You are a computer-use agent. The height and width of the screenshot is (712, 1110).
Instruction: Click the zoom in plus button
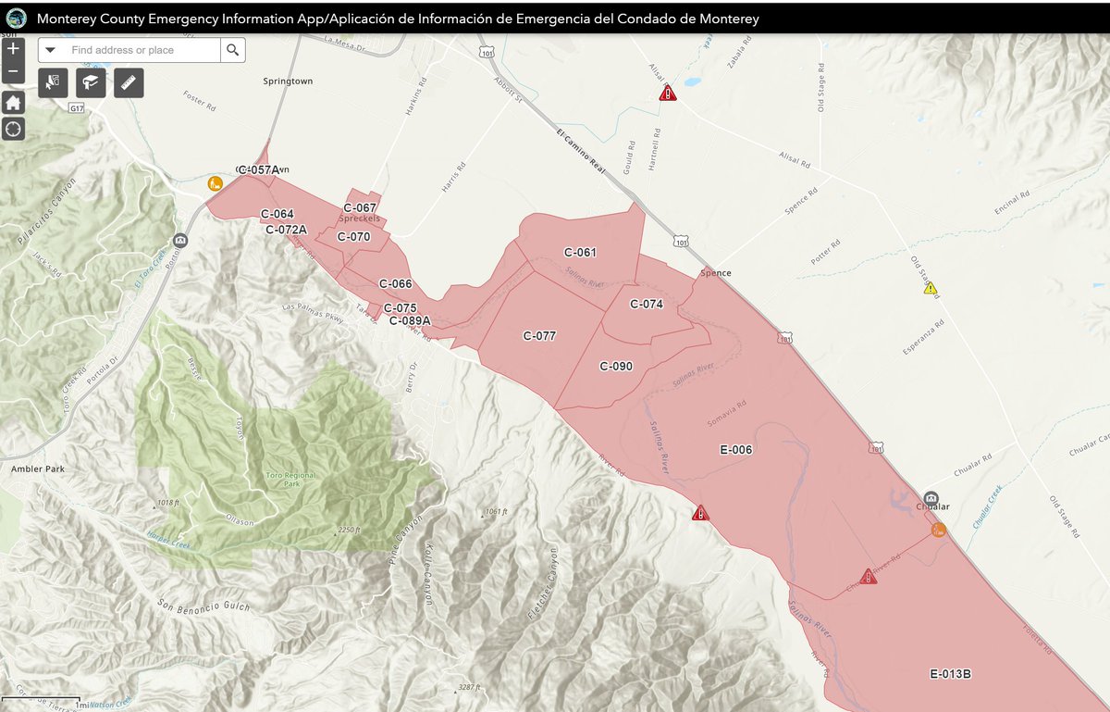(x=13, y=49)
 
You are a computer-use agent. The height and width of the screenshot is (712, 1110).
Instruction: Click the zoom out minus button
(x=13, y=72)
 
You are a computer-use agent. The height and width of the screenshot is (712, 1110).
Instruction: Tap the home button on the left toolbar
(x=13, y=103)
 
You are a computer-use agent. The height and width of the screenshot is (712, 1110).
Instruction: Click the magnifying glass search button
(x=233, y=50)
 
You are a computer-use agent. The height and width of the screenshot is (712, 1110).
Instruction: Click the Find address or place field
(x=139, y=50)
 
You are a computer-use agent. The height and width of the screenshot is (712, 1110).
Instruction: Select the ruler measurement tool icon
(x=129, y=83)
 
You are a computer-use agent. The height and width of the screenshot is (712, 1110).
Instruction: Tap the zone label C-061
(x=580, y=253)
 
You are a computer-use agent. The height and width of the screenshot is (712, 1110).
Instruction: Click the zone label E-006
(x=736, y=450)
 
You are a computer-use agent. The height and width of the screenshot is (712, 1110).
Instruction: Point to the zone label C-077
(x=539, y=336)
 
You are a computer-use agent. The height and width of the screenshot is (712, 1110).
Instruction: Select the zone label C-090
(x=616, y=367)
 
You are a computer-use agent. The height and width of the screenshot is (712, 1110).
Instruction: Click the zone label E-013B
(x=950, y=673)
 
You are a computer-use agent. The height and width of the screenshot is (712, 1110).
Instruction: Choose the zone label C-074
(x=647, y=304)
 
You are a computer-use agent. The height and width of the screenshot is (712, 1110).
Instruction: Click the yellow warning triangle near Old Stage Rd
(x=931, y=289)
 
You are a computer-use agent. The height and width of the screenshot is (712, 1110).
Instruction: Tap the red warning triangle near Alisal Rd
(x=668, y=93)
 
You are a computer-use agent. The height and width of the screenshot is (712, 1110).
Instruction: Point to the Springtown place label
(x=288, y=81)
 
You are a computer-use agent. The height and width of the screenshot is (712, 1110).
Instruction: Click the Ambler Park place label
(x=37, y=469)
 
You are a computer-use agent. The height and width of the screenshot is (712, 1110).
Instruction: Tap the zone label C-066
(x=395, y=284)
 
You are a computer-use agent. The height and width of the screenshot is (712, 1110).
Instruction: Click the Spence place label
(x=715, y=273)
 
